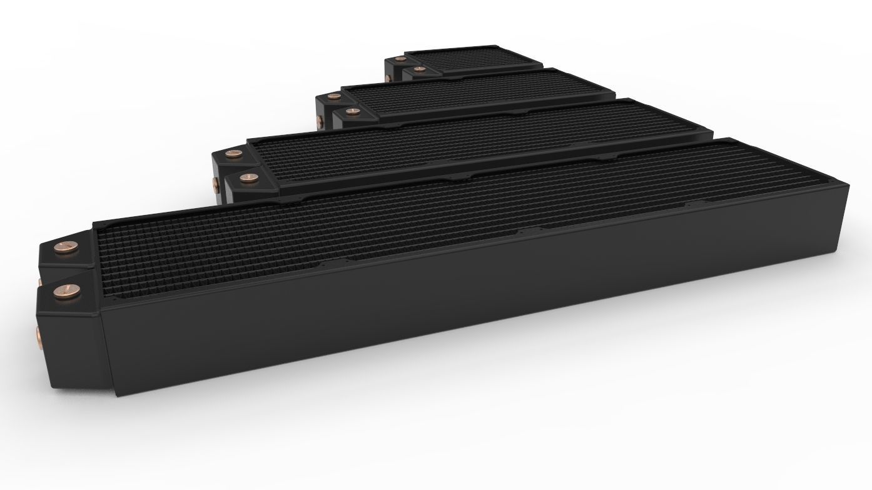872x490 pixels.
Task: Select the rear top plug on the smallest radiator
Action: pyautogui.click(x=397, y=59)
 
